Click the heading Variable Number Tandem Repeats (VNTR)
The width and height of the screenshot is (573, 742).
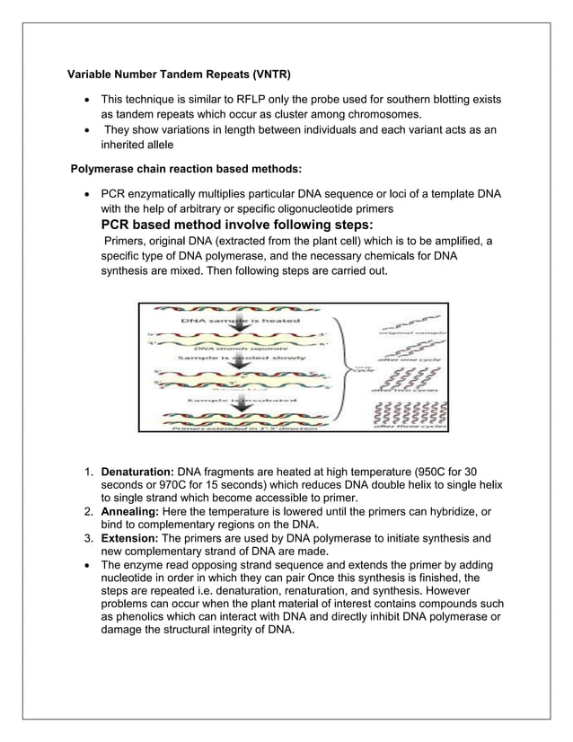tap(181, 72)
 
